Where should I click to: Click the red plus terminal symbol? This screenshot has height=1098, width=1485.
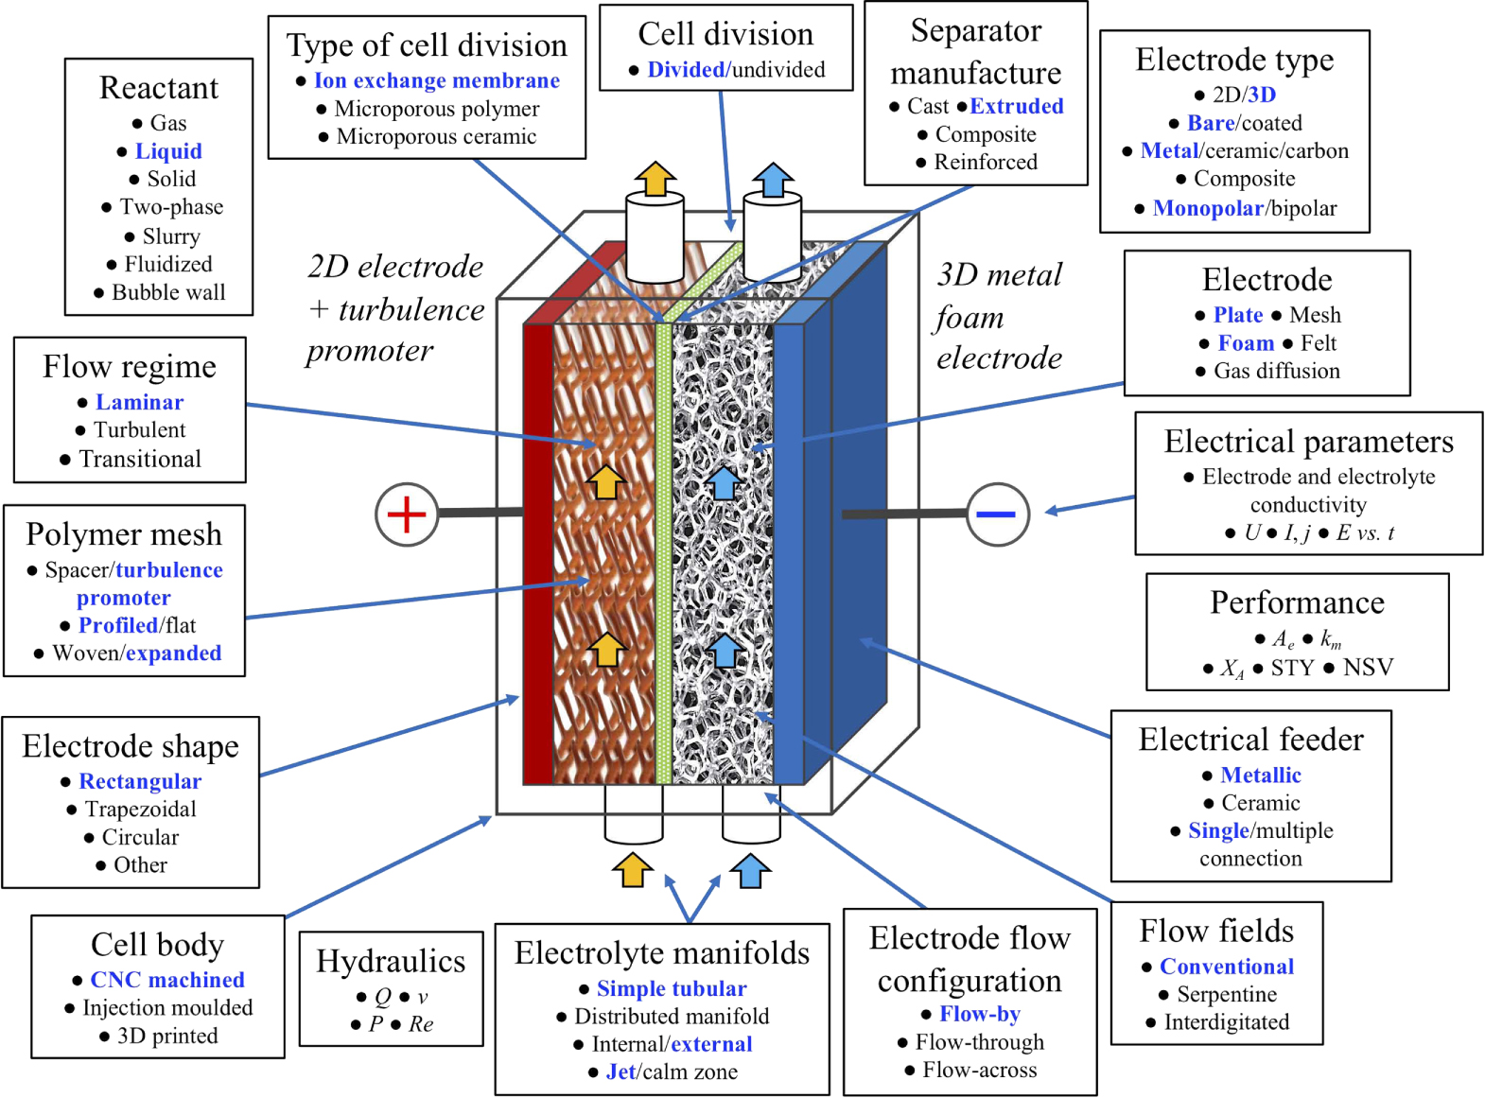(407, 514)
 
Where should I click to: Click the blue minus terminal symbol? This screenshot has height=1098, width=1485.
(997, 514)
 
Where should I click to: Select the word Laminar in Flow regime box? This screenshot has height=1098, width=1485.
(139, 402)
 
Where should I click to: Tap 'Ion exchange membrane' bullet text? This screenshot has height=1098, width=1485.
(436, 80)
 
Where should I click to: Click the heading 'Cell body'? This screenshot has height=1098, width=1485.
(157, 944)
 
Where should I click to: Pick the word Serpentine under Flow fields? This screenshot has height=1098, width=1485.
(1226, 994)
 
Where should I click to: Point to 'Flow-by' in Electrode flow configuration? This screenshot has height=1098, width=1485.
(979, 1014)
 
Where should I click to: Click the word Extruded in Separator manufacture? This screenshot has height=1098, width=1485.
(1016, 106)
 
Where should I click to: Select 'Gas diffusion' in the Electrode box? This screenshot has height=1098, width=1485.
(1276, 371)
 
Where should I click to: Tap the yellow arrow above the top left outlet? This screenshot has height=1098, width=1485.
(655, 179)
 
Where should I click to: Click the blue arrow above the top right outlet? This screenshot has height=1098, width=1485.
(773, 179)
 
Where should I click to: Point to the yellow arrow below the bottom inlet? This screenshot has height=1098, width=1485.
(632, 869)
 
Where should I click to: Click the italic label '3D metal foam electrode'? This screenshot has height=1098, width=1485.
(999, 316)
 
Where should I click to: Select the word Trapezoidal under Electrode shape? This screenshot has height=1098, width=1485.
(140, 809)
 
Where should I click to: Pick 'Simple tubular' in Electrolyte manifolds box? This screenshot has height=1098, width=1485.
(671, 988)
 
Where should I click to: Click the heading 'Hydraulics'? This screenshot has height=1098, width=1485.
(390, 960)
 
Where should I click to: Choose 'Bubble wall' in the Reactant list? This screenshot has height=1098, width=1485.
(168, 292)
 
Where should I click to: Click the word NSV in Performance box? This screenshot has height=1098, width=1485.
(1368, 667)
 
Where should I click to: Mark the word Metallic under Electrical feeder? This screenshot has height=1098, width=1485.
(1260, 775)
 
